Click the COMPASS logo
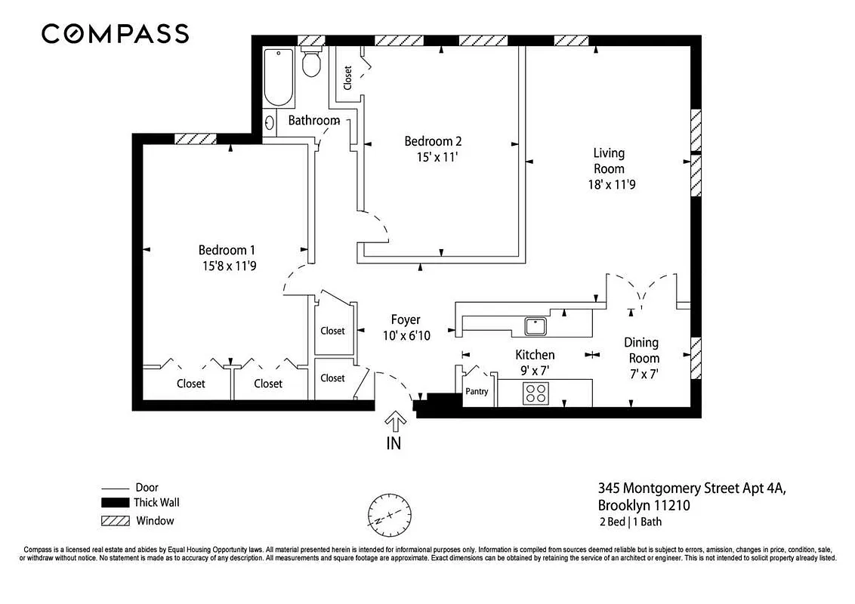tap(115, 34)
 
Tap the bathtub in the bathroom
tap(278, 78)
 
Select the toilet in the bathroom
tap(310, 63)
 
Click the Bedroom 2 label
tap(433, 141)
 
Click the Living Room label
tap(608, 161)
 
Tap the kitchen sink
tap(536, 325)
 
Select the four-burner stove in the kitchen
tap(536, 393)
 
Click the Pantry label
tap(477, 392)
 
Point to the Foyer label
tap(405, 319)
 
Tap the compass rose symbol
tap(390, 515)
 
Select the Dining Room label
tap(640, 350)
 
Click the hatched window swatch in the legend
tap(115, 521)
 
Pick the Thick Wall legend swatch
tap(115, 503)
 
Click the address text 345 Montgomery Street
tap(691, 488)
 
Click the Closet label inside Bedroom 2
tap(347, 79)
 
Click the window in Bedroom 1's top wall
tap(196, 138)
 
